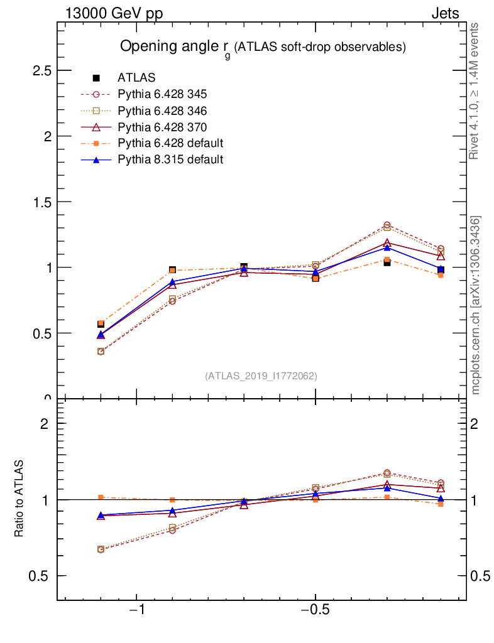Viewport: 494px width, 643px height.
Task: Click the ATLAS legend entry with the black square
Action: (136, 78)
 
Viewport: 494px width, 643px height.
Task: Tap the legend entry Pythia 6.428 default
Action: (170, 143)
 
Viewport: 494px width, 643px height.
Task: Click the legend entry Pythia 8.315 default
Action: (170, 159)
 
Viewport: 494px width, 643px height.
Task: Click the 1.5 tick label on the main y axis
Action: (41, 202)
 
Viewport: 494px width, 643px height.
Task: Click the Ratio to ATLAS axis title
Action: (19, 498)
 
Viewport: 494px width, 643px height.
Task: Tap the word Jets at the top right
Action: (444, 14)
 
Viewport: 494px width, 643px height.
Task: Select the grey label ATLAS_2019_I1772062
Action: (261, 376)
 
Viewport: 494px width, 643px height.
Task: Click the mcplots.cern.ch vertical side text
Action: (476, 305)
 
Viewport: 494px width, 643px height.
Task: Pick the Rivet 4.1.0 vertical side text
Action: (475, 91)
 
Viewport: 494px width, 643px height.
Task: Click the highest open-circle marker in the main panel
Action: (387, 225)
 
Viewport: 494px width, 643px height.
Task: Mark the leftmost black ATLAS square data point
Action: (101, 324)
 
